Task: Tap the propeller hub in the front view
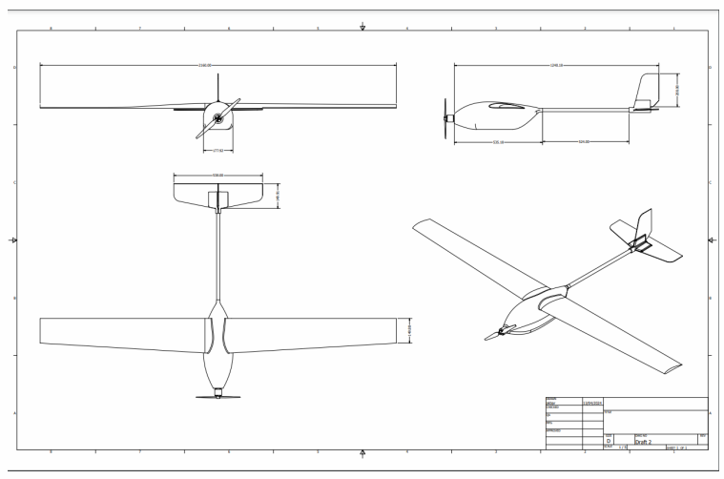[x=218, y=118]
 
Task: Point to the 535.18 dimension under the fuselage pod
[x=498, y=142]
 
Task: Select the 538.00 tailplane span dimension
[x=218, y=175]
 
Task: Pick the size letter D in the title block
[x=610, y=440]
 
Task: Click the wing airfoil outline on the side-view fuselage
[x=505, y=107]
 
